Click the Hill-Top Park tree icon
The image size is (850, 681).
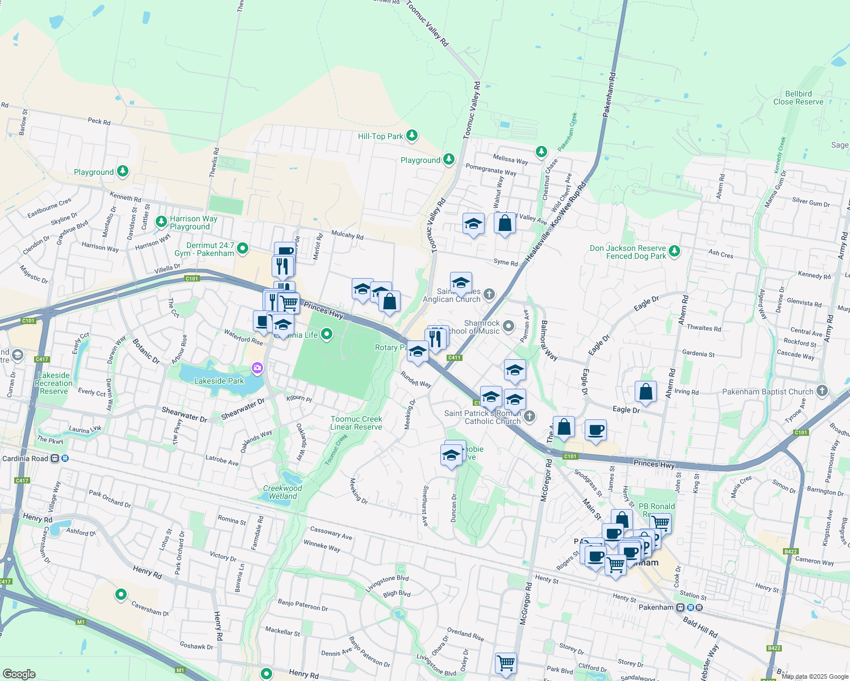point(412,136)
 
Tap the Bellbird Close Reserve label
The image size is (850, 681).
point(798,98)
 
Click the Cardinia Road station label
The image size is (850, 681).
point(26,459)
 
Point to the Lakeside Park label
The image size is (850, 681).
point(219,381)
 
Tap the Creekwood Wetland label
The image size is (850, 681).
point(282,492)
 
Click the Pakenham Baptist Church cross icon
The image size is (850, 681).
point(822,391)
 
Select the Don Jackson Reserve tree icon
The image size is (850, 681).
point(674,250)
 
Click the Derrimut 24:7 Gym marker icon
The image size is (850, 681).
point(243,248)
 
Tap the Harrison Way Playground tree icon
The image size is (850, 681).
point(161,221)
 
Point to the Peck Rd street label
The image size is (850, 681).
point(99,121)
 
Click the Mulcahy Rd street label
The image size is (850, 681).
point(347,235)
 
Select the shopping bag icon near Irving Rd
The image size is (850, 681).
point(645,392)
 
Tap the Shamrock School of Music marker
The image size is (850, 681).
point(509,326)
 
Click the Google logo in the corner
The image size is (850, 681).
point(19,674)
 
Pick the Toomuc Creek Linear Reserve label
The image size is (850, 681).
point(356,423)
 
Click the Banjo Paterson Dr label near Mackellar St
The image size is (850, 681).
point(302,605)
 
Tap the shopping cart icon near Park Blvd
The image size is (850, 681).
point(505,662)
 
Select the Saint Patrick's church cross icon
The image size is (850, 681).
point(529,417)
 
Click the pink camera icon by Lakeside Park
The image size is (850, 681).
point(257,369)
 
